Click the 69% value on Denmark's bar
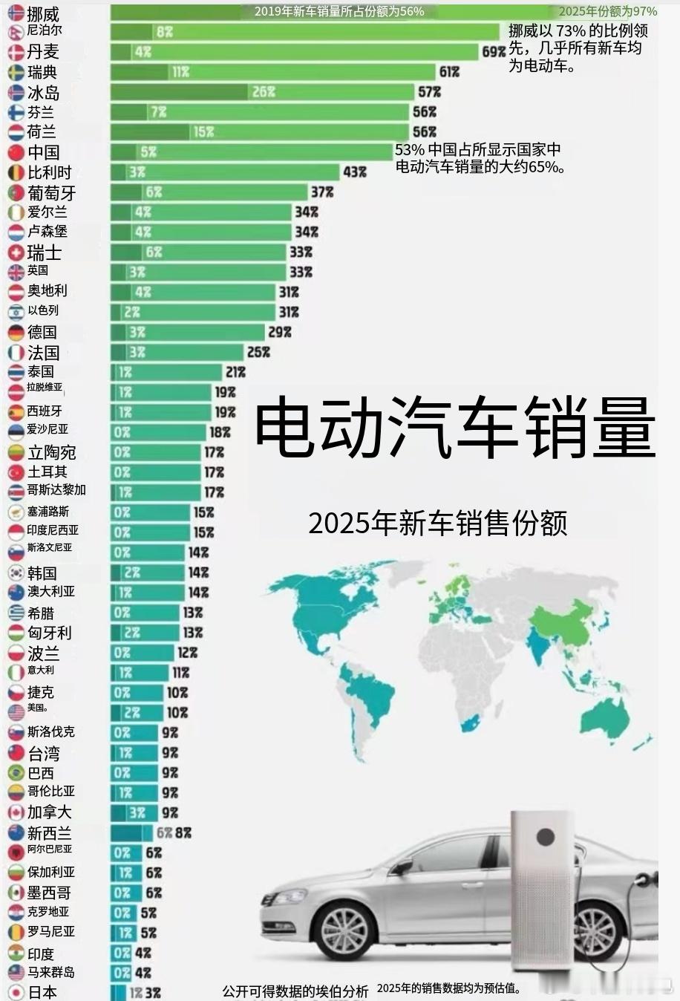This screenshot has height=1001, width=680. coord(494,52)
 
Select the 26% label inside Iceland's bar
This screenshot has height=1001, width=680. coord(264,92)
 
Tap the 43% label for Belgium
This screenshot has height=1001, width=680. coord(355,172)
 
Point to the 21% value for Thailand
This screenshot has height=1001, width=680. coord(236,372)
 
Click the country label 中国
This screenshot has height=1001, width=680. coord(44,152)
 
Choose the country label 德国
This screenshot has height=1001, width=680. coord(42,332)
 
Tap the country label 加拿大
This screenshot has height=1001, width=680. coord(49,812)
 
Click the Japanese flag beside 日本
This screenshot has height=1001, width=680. coord(16,992)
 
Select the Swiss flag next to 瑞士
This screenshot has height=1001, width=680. coord(16,252)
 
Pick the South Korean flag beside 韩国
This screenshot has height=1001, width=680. coord(16,573)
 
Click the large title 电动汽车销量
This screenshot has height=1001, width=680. coord(455,428)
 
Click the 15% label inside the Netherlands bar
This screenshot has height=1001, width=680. coord(203,132)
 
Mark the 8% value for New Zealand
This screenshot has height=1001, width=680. coord(183,833)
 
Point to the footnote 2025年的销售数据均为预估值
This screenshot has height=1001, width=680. coord(449,988)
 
